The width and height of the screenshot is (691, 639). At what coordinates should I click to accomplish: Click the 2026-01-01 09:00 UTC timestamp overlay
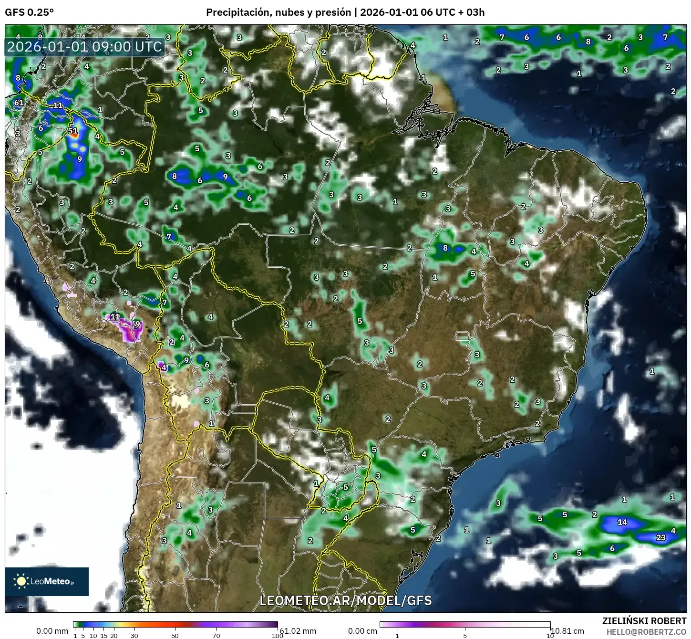[x=85, y=47]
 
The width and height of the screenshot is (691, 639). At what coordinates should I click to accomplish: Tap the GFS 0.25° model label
[x=29, y=12]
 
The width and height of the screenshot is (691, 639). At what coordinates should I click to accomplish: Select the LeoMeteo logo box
[x=47, y=581]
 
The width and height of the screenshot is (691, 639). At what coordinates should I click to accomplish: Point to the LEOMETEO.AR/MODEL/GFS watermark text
[x=345, y=600]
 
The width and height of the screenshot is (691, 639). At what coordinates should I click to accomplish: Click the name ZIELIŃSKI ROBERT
[x=644, y=621]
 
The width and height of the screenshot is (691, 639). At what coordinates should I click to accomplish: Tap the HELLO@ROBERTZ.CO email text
[x=646, y=632]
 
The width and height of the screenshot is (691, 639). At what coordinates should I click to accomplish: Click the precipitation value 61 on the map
[x=19, y=103]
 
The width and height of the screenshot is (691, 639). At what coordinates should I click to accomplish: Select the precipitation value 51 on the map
[x=72, y=131]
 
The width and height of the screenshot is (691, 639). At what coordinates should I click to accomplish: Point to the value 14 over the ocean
[x=622, y=522]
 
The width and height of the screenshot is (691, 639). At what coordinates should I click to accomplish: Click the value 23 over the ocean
[x=660, y=537]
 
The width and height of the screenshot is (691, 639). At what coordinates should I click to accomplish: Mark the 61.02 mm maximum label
[x=298, y=631]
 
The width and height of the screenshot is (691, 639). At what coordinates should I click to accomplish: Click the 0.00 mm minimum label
[x=52, y=631]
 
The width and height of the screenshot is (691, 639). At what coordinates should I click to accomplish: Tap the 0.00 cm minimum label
[x=362, y=631]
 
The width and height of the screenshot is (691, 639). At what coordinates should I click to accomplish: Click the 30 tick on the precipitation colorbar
[x=134, y=635]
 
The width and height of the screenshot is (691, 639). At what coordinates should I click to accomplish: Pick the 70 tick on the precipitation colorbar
[x=216, y=635]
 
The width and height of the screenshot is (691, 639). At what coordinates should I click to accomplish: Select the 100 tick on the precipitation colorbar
[x=277, y=635]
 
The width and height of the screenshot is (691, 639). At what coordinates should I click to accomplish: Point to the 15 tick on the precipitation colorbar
[x=103, y=635]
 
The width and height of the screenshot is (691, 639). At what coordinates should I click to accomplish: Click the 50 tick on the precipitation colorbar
[x=175, y=635]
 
